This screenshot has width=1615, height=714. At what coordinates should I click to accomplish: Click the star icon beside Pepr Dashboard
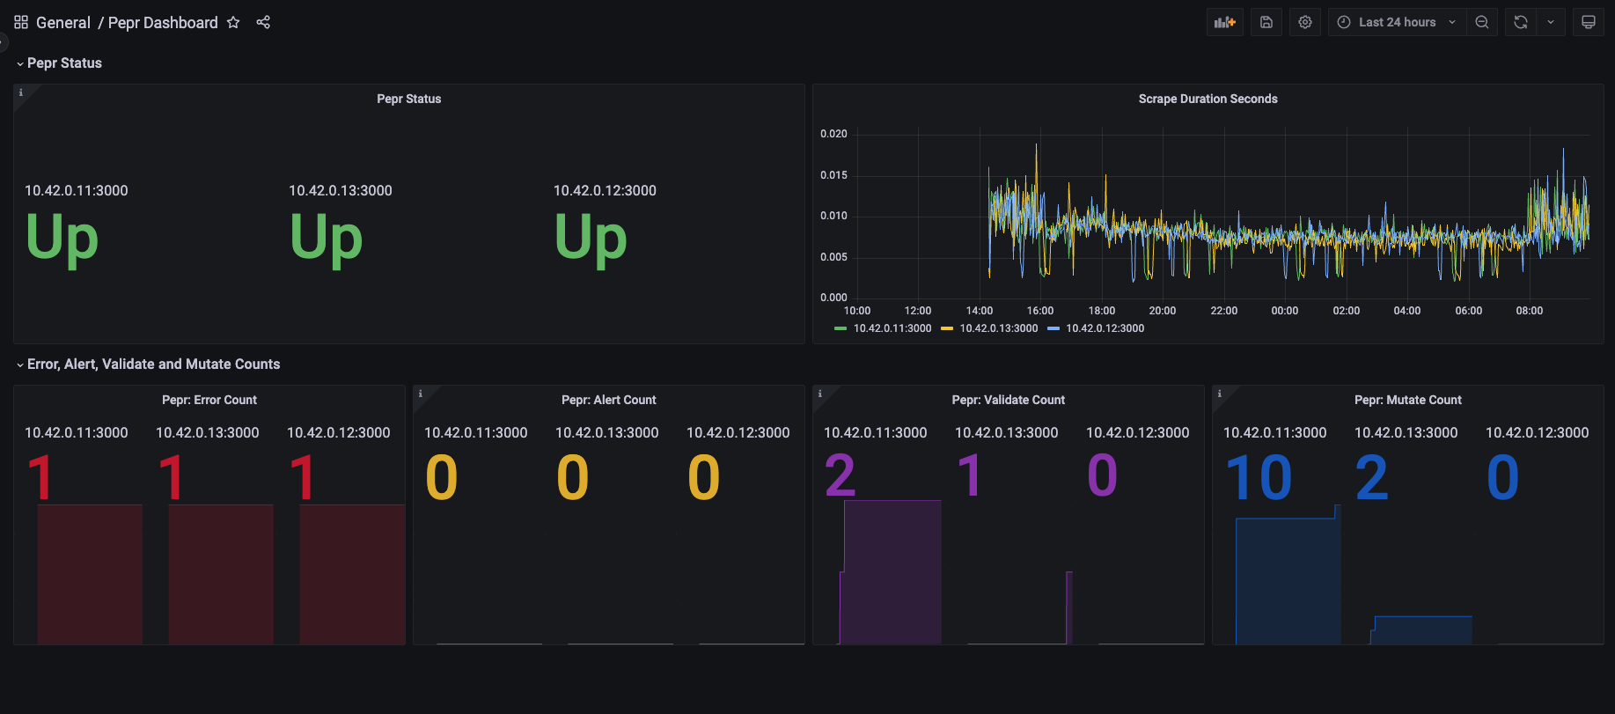click(233, 23)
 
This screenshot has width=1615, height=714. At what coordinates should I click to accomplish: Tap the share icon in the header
click(263, 23)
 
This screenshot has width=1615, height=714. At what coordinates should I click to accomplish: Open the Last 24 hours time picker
click(1397, 23)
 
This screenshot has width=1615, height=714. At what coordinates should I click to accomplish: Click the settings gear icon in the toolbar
click(1305, 23)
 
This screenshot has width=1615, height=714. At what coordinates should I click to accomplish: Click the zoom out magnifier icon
click(1482, 23)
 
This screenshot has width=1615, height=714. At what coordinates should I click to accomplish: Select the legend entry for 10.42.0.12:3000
click(1105, 328)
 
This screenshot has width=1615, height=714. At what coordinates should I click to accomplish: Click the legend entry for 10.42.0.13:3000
click(998, 328)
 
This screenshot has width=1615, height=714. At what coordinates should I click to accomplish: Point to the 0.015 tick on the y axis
click(833, 175)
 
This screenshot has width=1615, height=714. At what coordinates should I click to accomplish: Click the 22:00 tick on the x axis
click(1223, 311)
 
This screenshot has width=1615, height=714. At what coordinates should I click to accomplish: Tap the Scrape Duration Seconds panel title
click(1208, 99)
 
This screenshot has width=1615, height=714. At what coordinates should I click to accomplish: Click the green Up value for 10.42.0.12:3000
click(591, 238)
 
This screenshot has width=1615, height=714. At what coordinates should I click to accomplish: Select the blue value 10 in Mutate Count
click(1259, 478)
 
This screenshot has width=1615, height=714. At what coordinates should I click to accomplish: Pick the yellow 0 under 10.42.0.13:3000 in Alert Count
click(573, 478)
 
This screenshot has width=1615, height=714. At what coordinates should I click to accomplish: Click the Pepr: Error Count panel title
click(209, 400)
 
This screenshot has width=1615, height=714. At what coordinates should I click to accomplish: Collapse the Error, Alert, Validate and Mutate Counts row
click(20, 364)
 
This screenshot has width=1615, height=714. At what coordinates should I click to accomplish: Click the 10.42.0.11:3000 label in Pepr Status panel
click(77, 190)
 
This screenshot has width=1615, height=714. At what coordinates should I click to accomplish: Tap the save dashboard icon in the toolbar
click(1266, 23)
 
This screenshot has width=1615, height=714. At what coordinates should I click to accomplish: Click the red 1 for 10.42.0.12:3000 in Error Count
click(302, 478)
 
